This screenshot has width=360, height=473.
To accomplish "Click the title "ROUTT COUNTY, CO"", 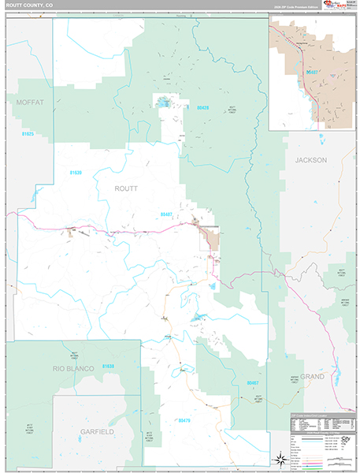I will pyautogui.click(x=28, y=5).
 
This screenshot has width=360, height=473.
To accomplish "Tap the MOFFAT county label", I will pyautogui.click(x=28, y=102).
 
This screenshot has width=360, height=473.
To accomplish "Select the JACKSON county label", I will pyautogui.click(x=310, y=159).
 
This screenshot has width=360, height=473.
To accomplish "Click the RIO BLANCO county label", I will pyautogui.click(x=72, y=368).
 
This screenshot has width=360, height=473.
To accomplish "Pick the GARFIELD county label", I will pyautogui.click(x=97, y=432).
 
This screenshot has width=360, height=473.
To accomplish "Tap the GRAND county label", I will pyautogui.click(x=311, y=377).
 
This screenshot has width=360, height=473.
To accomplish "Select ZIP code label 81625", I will pyautogui.click(x=28, y=134).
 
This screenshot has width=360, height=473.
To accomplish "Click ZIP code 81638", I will pyautogui.click(x=108, y=367).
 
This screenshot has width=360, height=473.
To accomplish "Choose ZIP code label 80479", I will pyautogui.click(x=184, y=420).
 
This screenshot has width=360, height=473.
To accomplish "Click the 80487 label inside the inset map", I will pyautogui.click(x=313, y=72).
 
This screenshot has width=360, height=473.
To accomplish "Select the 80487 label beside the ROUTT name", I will pyautogui.click(x=165, y=214).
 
